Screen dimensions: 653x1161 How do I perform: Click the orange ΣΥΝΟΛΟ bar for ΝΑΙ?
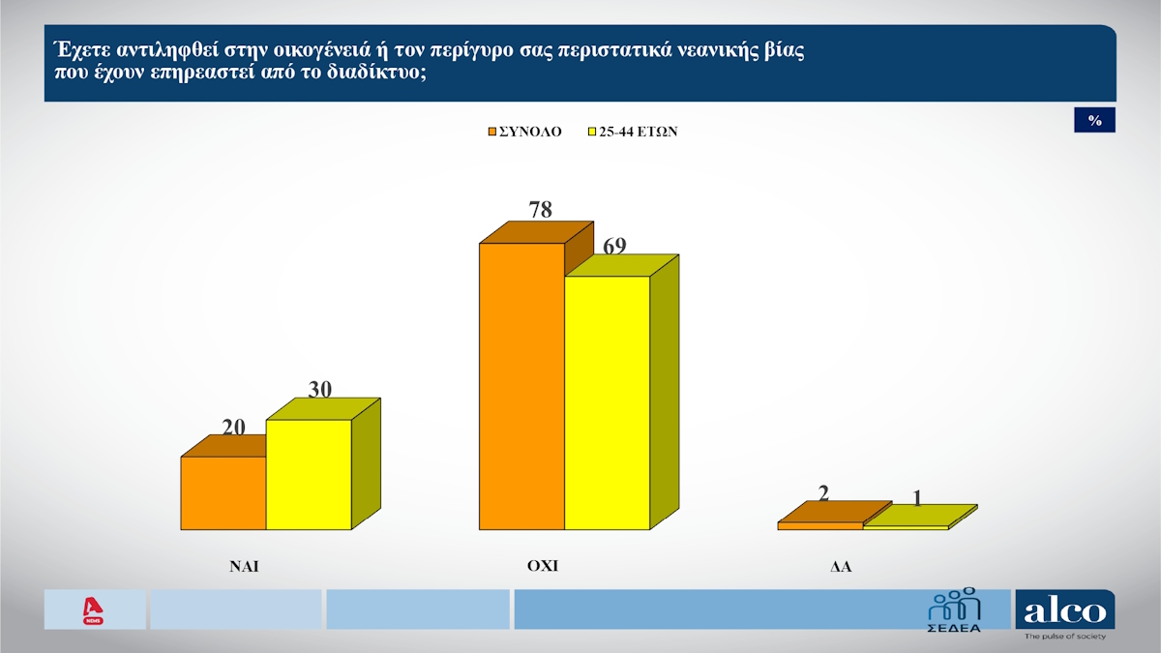(x=223, y=492)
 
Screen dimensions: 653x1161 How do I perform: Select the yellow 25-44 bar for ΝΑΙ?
(x=309, y=474)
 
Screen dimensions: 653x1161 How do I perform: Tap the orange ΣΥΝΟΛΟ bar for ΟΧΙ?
(x=521, y=386)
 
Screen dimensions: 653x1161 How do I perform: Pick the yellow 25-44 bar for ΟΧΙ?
(x=607, y=402)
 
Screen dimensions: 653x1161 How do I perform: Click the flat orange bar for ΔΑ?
(x=819, y=525)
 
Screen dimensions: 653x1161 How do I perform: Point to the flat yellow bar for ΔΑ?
(x=905, y=526)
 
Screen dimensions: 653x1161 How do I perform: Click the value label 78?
(x=540, y=209)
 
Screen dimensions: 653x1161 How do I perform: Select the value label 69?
(x=614, y=247)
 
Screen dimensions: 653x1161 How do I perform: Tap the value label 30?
(x=320, y=389)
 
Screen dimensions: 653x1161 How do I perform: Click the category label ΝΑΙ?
(x=244, y=568)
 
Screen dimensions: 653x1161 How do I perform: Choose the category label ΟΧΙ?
(x=542, y=567)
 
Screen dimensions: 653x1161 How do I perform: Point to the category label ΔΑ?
(x=839, y=568)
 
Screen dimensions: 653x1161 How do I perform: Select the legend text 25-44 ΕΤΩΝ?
(x=638, y=132)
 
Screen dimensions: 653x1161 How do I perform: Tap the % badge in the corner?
(x=1095, y=120)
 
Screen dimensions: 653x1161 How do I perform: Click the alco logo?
(x=1064, y=611)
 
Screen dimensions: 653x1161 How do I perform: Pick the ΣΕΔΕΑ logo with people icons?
(x=954, y=610)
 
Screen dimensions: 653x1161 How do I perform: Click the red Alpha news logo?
(x=94, y=609)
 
